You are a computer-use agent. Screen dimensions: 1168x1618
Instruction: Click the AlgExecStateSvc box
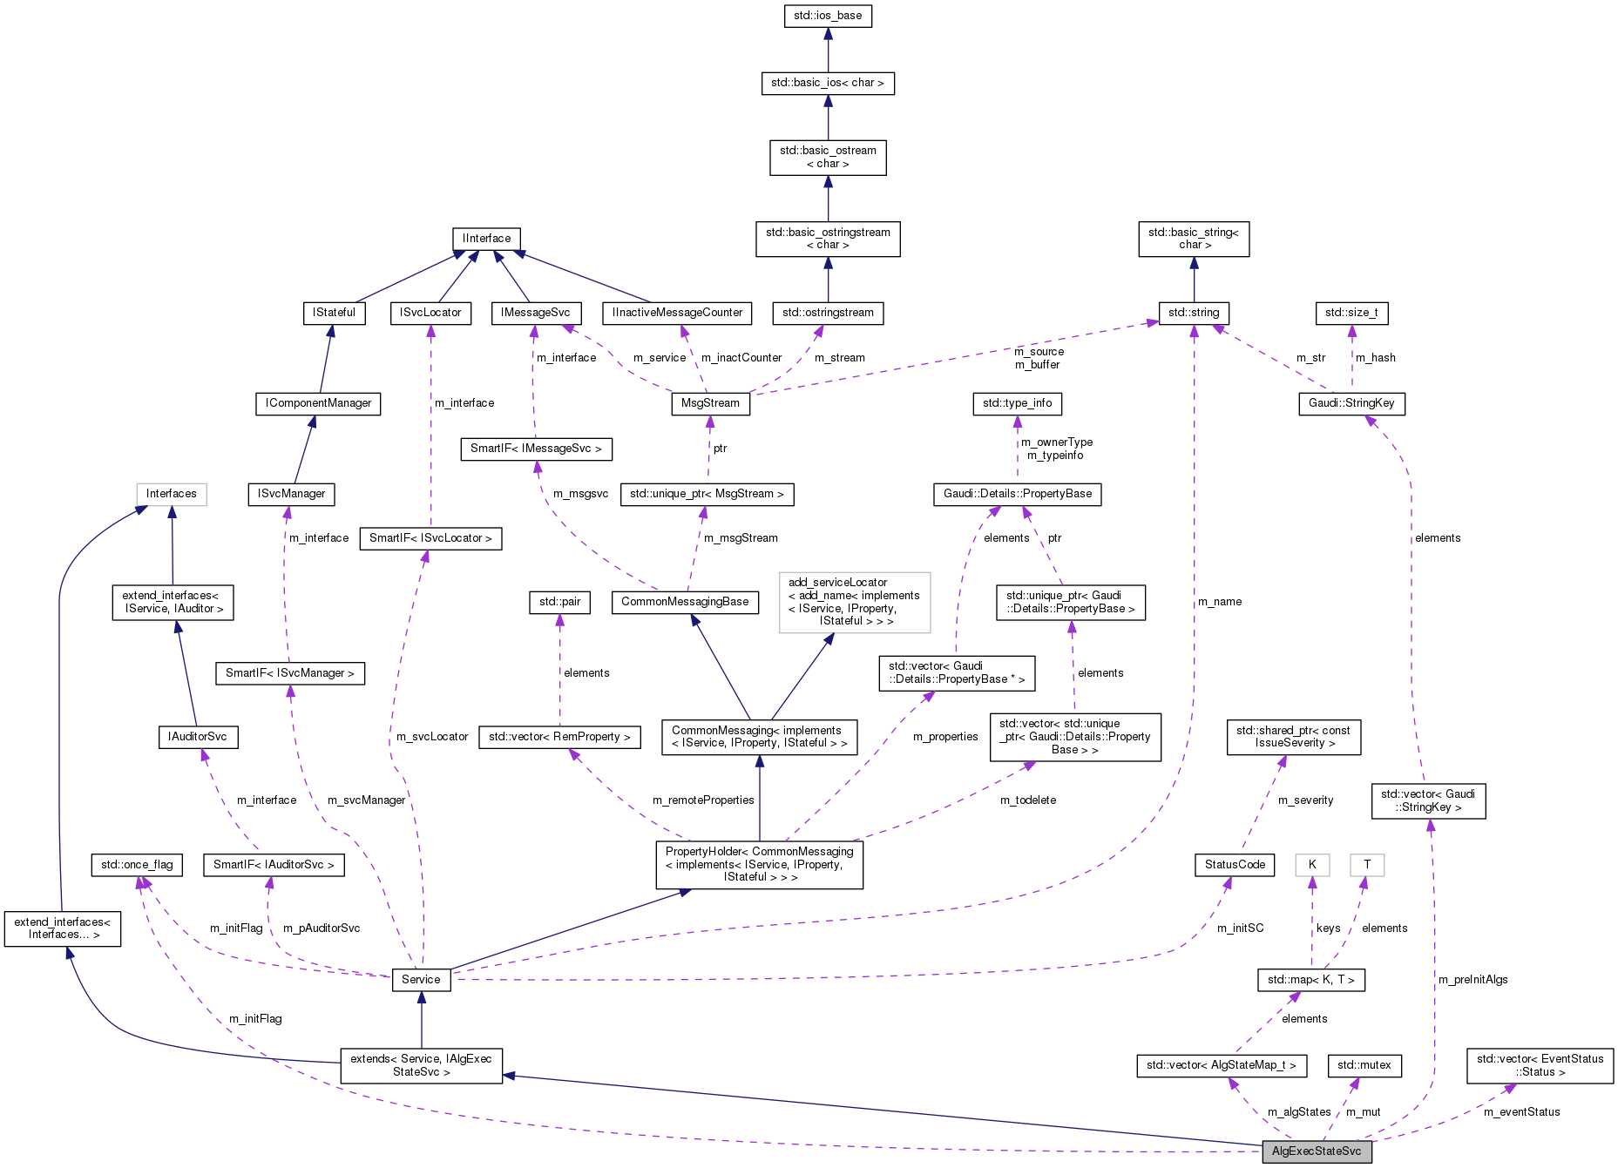tap(1316, 1151)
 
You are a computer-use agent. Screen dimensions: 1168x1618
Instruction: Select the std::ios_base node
tap(828, 16)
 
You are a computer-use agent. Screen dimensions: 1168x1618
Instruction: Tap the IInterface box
tap(486, 239)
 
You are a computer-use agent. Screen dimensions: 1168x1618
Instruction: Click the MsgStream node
tap(710, 403)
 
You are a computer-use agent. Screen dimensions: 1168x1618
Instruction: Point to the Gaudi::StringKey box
tap(1351, 403)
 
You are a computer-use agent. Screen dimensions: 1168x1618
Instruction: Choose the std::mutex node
tap(1364, 1065)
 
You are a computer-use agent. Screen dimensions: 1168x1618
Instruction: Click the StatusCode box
tap(1235, 865)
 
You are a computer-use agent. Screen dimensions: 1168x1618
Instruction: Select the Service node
tap(421, 980)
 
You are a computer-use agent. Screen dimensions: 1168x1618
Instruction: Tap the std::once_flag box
tap(137, 865)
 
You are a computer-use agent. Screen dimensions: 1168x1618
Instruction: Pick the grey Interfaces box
tap(172, 494)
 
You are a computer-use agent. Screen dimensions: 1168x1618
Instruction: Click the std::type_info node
tap(1017, 403)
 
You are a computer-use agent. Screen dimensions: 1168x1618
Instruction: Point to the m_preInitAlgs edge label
tap(1472, 980)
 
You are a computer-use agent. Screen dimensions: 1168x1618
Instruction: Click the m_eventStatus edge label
tap(1521, 1112)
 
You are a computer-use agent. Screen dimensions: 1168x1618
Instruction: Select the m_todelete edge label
tap(1027, 800)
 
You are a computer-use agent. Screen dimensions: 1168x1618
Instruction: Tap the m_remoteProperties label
tap(703, 800)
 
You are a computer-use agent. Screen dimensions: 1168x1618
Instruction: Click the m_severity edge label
tap(1305, 800)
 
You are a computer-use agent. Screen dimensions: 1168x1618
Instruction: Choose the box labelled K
tap(1311, 865)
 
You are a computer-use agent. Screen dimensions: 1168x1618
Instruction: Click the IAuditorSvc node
tap(198, 737)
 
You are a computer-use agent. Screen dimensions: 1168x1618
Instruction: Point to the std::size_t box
tap(1351, 313)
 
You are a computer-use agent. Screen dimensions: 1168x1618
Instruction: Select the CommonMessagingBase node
tap(685, 602)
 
